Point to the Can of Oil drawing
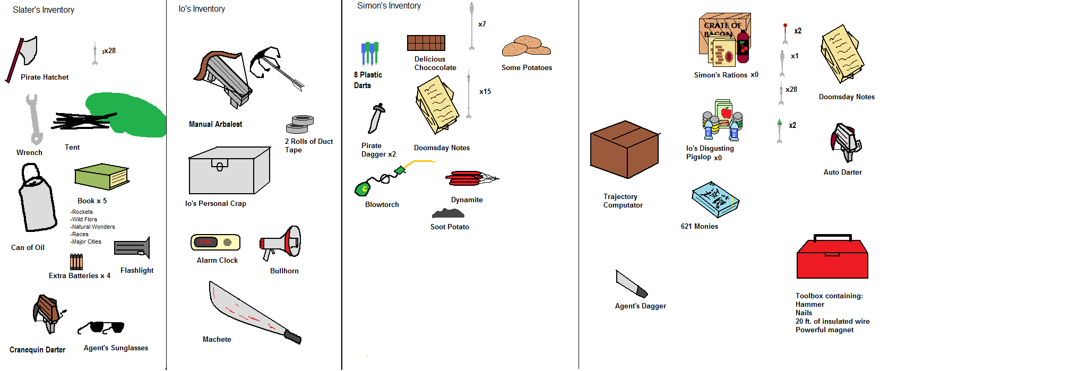tap(37, 202)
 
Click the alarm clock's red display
tap(205, 242)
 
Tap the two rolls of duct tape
tap(300, 124)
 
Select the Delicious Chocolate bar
tap(426, 43)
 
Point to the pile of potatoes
tap(526, 47)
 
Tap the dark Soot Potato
tap(448, 213)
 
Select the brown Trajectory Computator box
tap(625, 150)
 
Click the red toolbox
tap(832, 258)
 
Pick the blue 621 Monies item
tap(715, 200)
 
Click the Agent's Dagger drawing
tap(631, 283)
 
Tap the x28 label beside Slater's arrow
tap(109, 51)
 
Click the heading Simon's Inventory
tap(389, 6)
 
